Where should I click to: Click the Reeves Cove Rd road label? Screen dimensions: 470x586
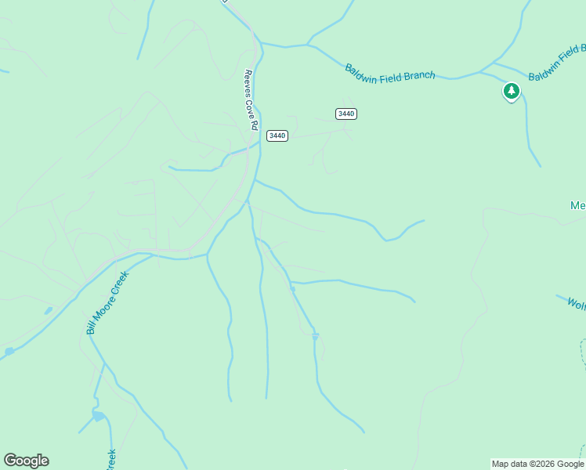coord(251,99)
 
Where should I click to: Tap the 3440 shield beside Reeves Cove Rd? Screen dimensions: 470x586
coord(277,136)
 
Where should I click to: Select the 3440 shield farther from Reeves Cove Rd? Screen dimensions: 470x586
coord(345,114)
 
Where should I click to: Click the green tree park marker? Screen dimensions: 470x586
coord(512,92)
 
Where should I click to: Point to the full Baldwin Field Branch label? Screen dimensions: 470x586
coord(389,71)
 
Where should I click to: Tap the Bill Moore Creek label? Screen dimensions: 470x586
coord(107,303)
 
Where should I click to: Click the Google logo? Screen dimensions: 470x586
coord(26,461)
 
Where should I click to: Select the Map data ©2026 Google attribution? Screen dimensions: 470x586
coord(537,464)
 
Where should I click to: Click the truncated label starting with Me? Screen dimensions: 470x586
coord(577,206)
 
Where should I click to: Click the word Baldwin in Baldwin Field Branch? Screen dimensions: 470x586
coord(363,68)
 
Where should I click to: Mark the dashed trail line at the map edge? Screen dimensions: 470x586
coord(583,352)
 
